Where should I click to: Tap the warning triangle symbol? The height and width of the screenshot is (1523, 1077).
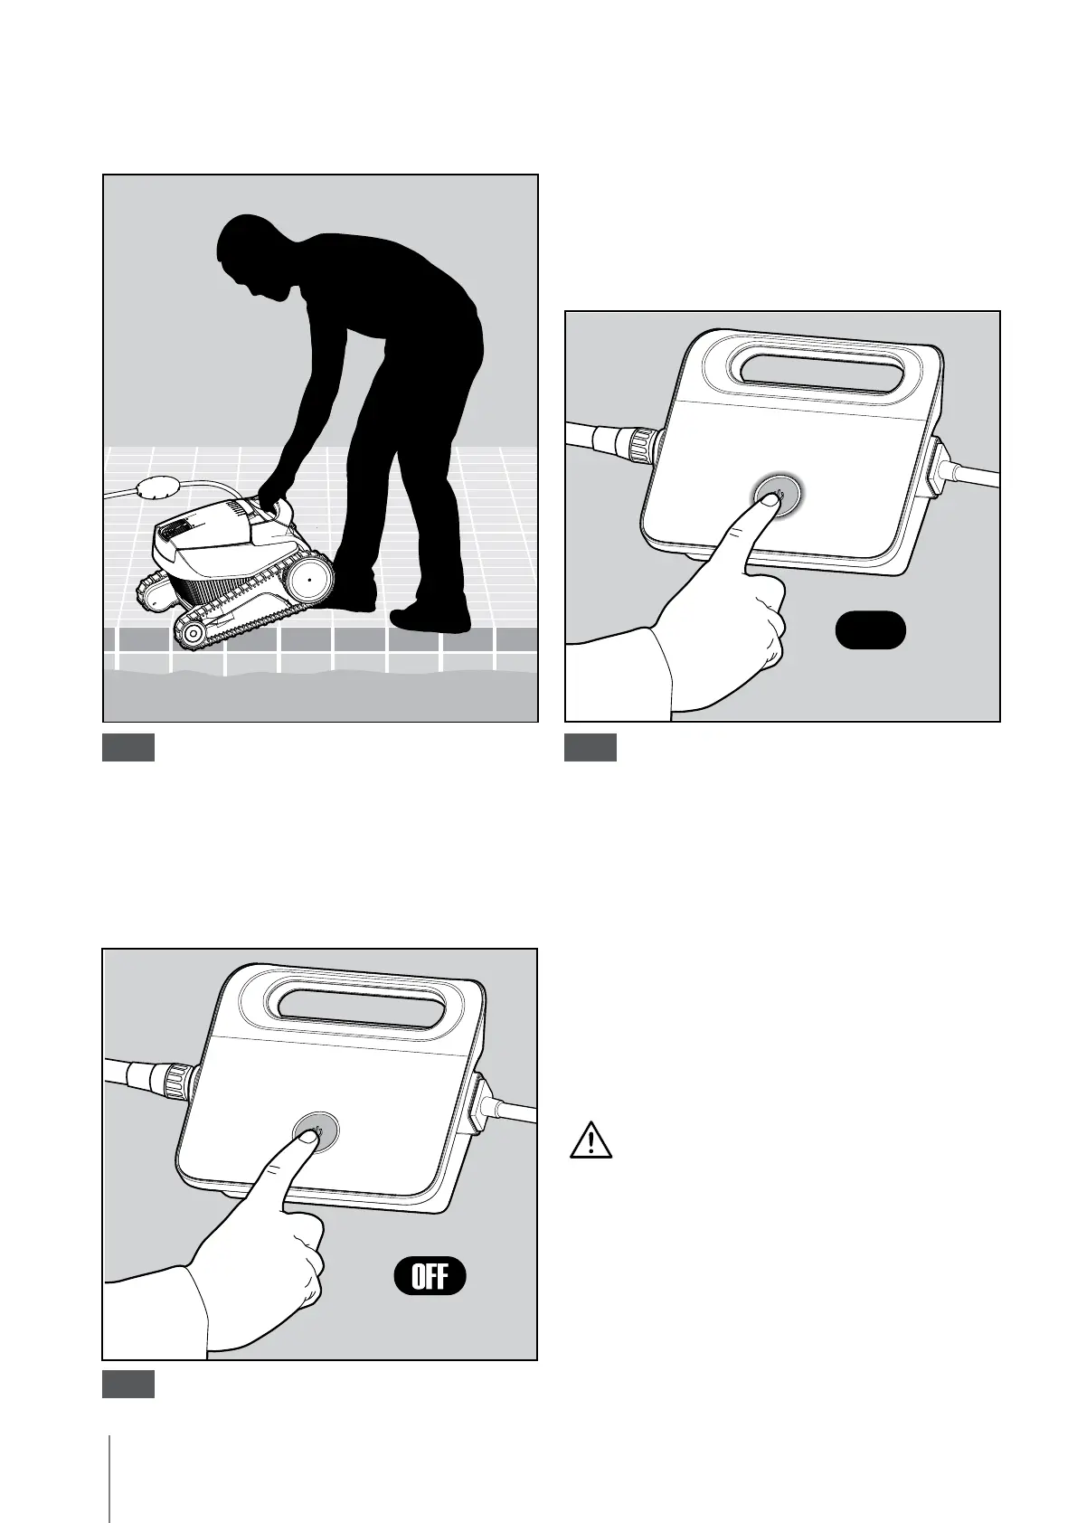(x=590, y=1140)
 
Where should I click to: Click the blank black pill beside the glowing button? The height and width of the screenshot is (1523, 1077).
(x=870, y=630)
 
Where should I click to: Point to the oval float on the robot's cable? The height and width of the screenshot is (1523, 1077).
(x=158, y=487)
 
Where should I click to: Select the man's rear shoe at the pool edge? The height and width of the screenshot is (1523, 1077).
(x=430, y=618)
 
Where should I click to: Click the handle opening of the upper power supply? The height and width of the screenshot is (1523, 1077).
(x=824, y=375)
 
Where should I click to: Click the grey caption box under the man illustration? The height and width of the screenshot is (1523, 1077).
(x=128, y=747)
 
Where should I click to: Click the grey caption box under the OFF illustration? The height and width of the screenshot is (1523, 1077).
(x=128, y=1384)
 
